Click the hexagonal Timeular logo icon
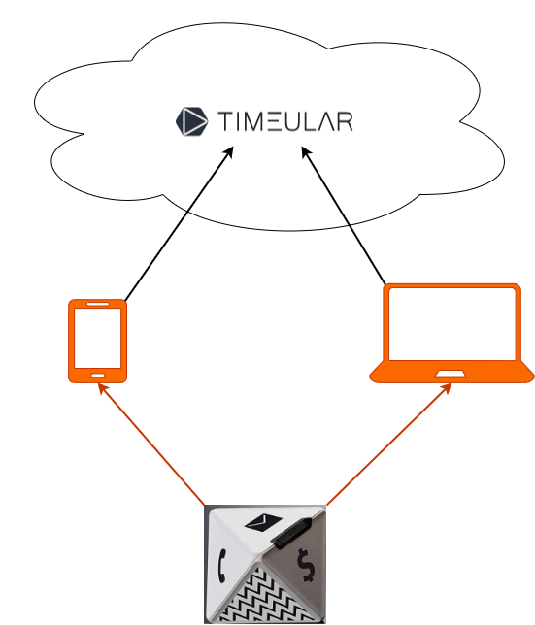coord(191,121)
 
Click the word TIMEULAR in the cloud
coord(285,121)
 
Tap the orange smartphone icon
coord(98,342)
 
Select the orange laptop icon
coord(451,333)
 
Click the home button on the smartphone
coord(98,375)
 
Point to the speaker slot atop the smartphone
coord(98,304)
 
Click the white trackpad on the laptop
coord(451,374)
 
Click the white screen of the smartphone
coord(98,338)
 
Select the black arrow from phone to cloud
coord(179,223)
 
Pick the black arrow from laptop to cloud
coord(344,215)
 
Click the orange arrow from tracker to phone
coord(151,444)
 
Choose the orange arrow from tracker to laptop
coord(389,444)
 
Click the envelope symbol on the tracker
coord(263,522)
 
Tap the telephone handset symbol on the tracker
coord(222,565)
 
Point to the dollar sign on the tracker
coord(306,565)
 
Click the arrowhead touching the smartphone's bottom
coord(102,388)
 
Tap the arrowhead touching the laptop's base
coord(448,388)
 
